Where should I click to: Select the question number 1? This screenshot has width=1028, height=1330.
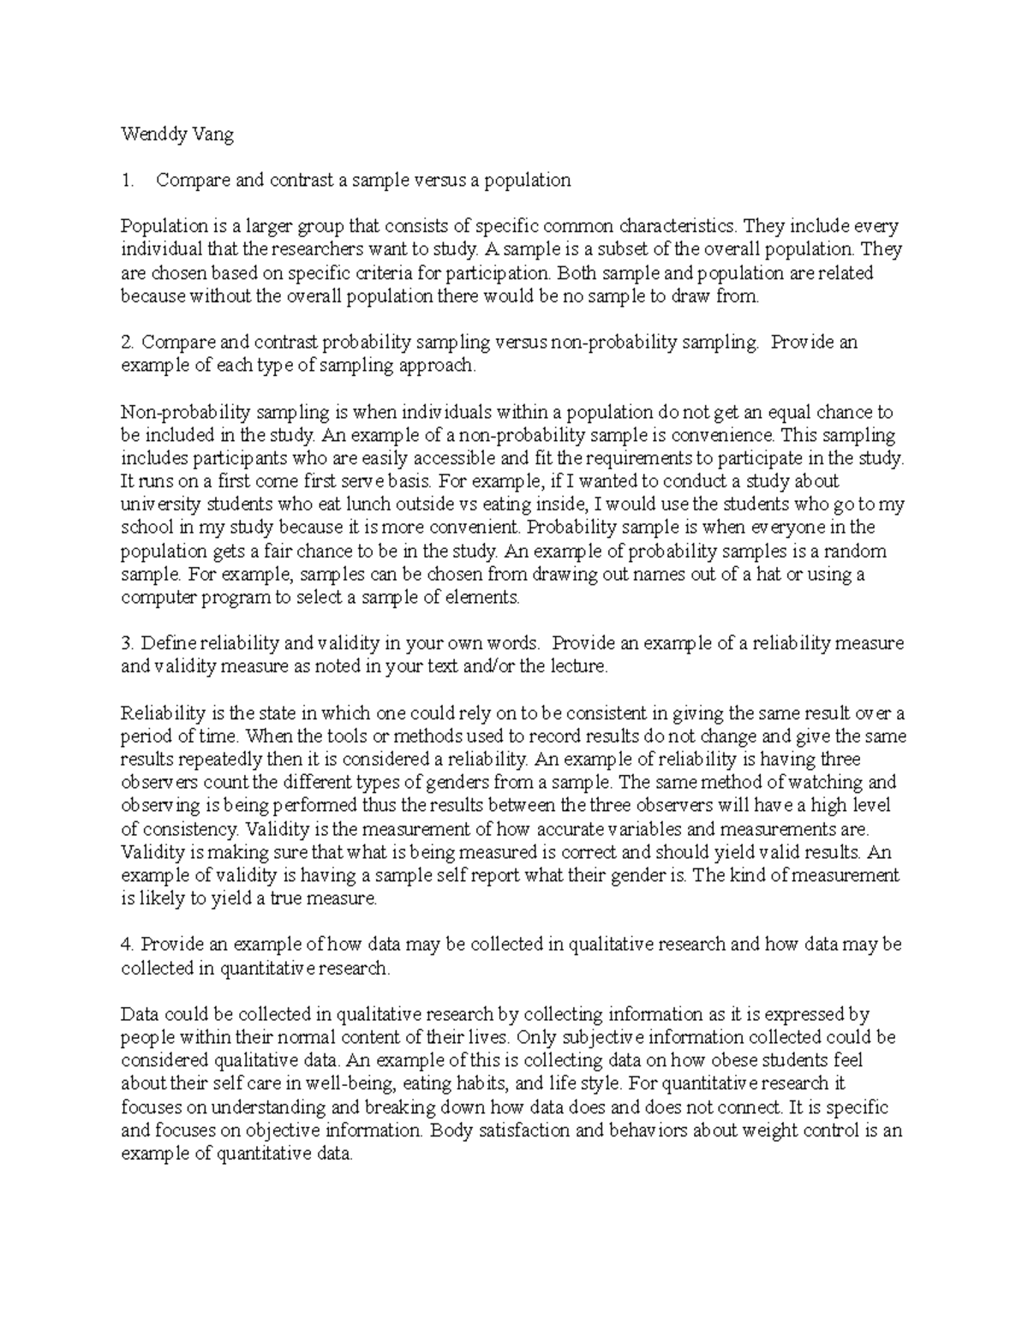(x=128, y=180)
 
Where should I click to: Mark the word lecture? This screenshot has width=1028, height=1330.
(x=575, y=666)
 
